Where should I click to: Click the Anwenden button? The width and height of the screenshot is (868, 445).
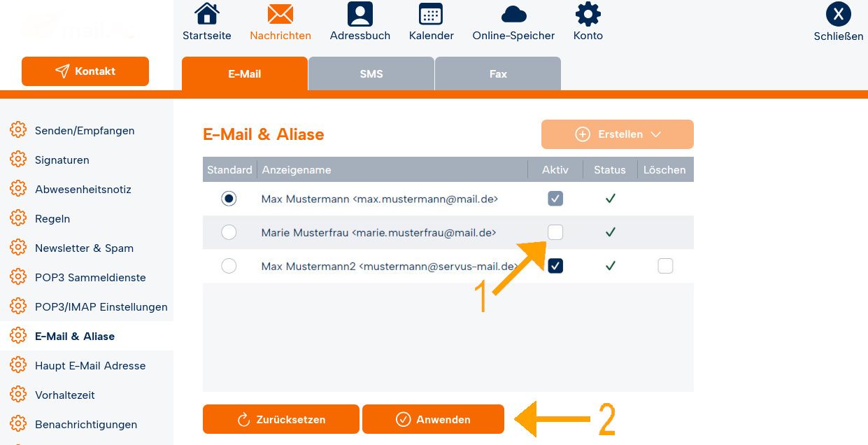(x=433, y=419)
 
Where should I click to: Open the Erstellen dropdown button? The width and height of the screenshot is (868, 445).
(x=618, y=134)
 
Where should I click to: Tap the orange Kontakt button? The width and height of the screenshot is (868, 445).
(x=85, y=71)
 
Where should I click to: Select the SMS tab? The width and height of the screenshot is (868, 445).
(x=371, y=73)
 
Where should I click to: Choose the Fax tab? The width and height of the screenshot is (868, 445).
(x=498, y=73)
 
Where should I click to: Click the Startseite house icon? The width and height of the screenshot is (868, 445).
(x=206, y=14)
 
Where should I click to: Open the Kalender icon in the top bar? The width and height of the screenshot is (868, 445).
(x=431, y=14)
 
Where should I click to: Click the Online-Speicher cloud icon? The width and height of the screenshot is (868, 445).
(x=514, y=15)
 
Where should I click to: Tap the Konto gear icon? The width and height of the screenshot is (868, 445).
(x=588, y=14)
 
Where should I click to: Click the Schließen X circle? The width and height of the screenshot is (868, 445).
(x=838, y=14)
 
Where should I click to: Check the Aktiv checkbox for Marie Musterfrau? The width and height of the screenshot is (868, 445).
(x=555, y=232)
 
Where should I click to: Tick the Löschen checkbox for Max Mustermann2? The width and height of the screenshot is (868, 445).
(x=665, y=266)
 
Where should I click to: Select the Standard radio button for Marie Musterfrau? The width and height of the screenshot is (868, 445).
(x=229, y=232)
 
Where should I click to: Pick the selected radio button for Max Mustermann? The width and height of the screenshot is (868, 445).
(x=229, y=199)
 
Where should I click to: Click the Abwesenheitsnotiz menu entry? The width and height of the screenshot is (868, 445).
(x=83, y=189)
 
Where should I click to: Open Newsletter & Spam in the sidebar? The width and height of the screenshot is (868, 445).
(x=84, y=248)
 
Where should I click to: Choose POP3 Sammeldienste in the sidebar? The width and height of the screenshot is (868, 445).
(x=90, y=278)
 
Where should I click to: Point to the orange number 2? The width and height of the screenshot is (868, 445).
(x=607, y=419)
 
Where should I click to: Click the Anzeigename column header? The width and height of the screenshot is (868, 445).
(x=297, y=170)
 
